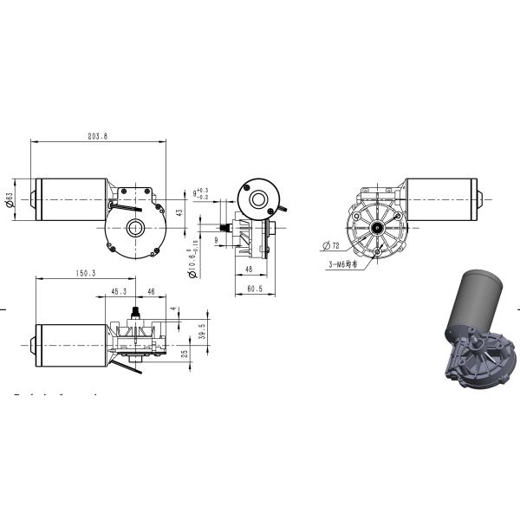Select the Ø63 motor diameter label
click(10, 200)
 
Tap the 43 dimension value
click(179, 211)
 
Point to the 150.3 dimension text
click(85, 273)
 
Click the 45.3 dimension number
click(119, 292)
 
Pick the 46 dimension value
click(151, 292)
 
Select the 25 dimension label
click(185, 354)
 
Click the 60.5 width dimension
click(254, 288)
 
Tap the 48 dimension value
click(248, 270)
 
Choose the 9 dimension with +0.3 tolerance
click(198, 193)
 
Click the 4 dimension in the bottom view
click(172, 309)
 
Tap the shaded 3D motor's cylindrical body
click(471, 302)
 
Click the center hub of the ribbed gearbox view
click(378, 228)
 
